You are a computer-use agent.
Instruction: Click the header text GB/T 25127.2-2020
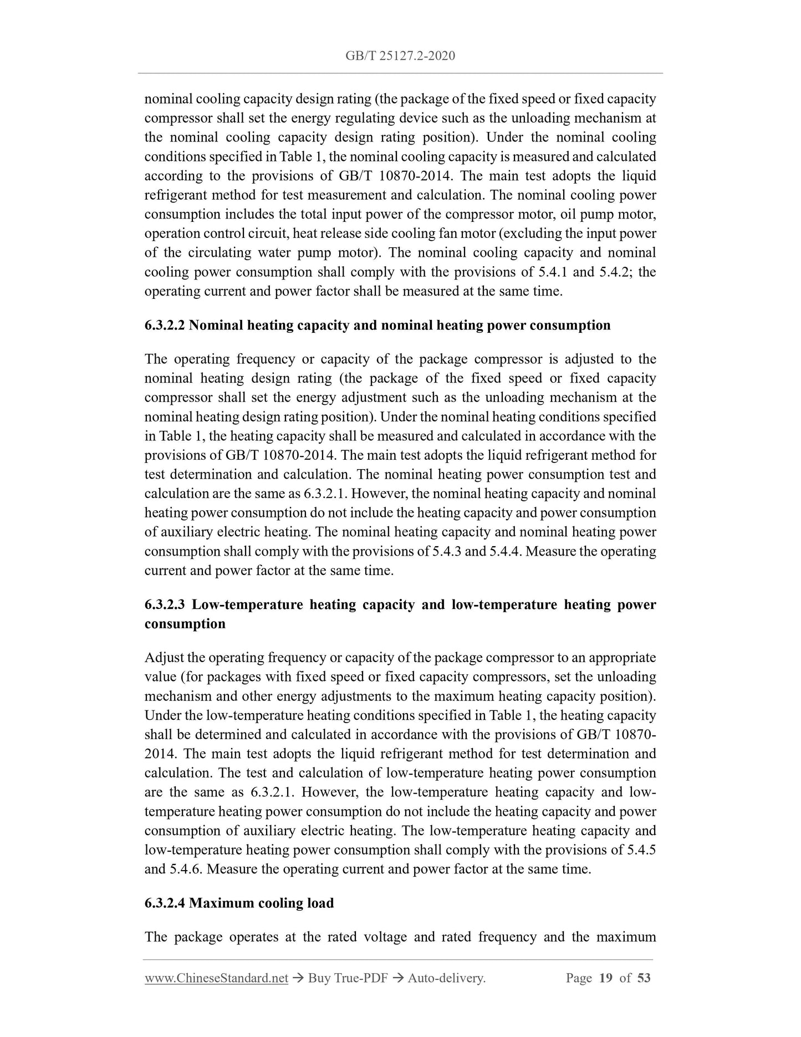400,55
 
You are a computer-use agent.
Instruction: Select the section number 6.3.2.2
165,325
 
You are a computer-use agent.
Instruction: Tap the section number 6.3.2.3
165,604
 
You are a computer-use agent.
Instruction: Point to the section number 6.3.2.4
165,903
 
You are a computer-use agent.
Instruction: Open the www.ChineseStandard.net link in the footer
216,978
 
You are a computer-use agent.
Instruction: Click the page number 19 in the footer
606,978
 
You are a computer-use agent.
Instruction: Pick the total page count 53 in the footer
644,978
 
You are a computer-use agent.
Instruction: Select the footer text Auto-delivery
446,978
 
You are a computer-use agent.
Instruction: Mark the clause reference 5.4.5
641,850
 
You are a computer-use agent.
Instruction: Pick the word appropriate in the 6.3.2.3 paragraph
622,658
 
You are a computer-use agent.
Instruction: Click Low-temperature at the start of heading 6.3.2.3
248,604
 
